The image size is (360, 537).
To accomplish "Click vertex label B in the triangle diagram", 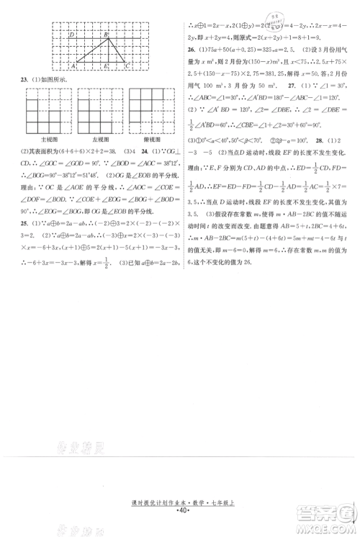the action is tap(106, 34).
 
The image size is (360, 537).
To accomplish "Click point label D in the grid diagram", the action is tap(71, 34).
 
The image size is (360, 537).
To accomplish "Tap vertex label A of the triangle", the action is tap(75, 66).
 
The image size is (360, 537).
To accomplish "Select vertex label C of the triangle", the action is tap(127, 66).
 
